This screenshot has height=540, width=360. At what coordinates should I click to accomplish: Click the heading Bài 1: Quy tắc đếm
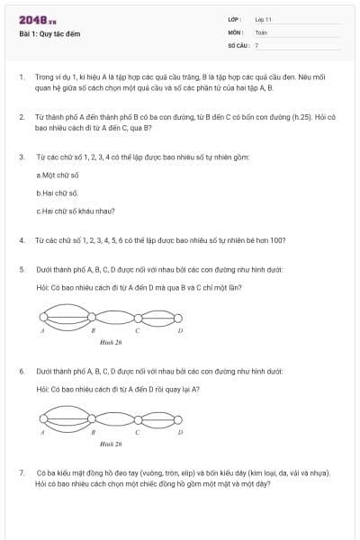(x=49, y=34)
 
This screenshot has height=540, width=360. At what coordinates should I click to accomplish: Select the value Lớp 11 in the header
(x=263, y=19)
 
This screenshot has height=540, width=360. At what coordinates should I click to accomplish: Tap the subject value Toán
(x=261, y=31)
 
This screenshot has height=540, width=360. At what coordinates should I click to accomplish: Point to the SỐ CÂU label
(x=237, y=44)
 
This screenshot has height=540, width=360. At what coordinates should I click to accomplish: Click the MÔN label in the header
(x=235, y=31)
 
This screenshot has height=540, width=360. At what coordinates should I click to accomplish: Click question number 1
(x=22, y=78)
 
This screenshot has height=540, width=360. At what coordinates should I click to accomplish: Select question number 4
(x=22, y=240)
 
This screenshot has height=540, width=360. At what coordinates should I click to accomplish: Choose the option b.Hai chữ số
(x=58, y=193)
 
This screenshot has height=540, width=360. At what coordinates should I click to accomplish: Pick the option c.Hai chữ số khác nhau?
(x=76, y=212)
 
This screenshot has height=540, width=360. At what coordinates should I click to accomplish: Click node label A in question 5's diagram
(x=42, y=331)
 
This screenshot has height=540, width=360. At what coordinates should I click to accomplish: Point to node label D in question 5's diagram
(x=180, y=331)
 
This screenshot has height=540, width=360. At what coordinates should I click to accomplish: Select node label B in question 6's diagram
(x=93, y=433)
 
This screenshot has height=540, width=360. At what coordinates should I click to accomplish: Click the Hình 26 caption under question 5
(x=111, y=343)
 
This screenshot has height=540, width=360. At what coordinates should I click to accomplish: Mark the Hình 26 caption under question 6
(x=111, y=444)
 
